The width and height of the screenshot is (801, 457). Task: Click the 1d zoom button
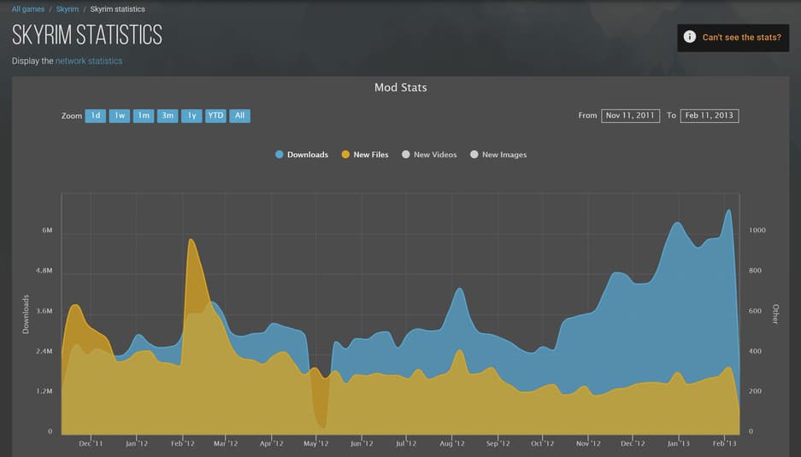[x=95, y=115]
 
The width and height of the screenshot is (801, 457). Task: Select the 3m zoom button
[x=168, y=115]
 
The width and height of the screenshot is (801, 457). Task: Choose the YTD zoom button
[x=215, y=115]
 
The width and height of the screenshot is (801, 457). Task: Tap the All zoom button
[x=239, y=115]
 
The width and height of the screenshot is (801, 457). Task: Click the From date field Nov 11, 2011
[x=630, y=115]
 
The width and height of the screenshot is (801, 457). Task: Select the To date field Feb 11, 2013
[x=709, y=115]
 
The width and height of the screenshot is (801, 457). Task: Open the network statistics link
[x=88, y=62]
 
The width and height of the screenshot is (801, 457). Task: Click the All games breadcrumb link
[x=27, y=9]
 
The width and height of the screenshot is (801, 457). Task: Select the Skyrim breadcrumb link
[x=68, y=9]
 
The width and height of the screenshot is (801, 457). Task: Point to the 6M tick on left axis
[x=47, y=231]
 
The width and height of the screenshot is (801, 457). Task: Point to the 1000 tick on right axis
[x=757, y=231]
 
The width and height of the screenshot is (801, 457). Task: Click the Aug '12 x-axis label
[x=451, y=443]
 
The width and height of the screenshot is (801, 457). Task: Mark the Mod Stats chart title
[x=400, y=87]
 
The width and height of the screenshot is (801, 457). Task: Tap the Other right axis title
[x=775, y=313]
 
